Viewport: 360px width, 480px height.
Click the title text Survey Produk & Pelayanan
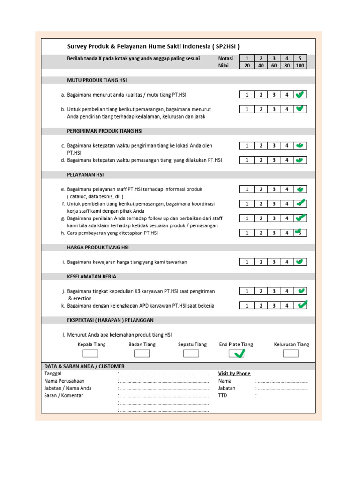153,46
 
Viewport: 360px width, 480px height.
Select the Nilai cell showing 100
300,66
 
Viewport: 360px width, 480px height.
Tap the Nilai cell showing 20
247,66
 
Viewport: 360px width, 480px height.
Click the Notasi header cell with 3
274,59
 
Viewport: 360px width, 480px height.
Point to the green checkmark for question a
300,94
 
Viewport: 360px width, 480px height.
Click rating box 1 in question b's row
247,109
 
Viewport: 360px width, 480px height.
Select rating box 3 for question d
274,160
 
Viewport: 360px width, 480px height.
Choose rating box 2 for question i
260,262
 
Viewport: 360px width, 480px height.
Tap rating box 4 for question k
287,306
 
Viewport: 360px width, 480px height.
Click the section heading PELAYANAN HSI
86,175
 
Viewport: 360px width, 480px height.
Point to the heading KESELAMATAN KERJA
92,277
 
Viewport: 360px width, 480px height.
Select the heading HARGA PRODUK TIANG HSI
98,247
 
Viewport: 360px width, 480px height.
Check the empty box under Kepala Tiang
91,353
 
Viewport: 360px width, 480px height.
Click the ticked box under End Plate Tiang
236,353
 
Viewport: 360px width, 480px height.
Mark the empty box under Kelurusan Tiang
291,353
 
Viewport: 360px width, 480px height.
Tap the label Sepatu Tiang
192,345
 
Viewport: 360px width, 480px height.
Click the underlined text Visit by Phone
234,374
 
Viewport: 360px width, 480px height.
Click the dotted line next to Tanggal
164,374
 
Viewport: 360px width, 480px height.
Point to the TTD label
222,395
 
